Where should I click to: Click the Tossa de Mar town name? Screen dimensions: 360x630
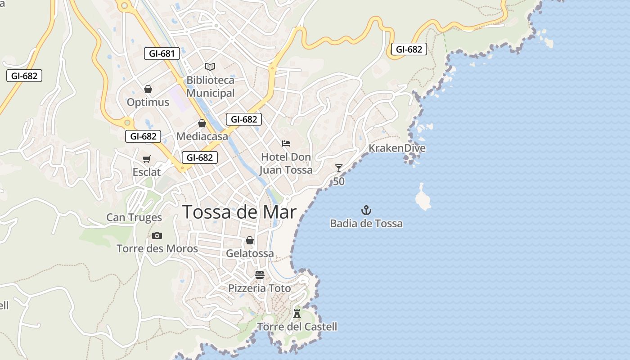[x=239, y=212]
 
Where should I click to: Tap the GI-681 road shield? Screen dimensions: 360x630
[x=162, y=54]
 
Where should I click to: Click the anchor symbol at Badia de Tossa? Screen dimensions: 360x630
[x=366, y=210]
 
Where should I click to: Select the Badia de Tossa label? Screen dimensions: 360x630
[x=366, y=223]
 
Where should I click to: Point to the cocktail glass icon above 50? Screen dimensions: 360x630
[x=339, y=168]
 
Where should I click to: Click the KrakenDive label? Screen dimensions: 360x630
[x=397, y=148]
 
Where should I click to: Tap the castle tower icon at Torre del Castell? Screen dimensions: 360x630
[x=297, y=313]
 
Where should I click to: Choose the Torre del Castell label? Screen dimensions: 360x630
[x=297, y=327]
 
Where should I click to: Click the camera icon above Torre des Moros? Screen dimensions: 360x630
[x=157, y=235]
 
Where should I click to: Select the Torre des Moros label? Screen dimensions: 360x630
[x=157, y=248]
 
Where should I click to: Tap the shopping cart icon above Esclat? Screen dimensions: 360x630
[x=147, y=159]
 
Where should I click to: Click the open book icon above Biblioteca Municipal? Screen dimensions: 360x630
[x=210, y=67]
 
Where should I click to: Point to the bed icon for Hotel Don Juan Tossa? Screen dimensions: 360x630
[x=286, y=144]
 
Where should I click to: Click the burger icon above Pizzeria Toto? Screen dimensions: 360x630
[x=260, y=274]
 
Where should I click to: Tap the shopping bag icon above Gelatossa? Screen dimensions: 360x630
[x=250, y=240]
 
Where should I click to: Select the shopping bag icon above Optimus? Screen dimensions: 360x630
[x=148, y=89]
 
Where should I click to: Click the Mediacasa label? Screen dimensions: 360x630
[x=202, y=136]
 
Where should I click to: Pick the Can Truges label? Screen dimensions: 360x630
[x=134, y=217]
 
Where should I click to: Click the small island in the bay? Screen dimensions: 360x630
[x=423, y=198]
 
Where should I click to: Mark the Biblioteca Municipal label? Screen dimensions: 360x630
[x=211, y=86]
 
